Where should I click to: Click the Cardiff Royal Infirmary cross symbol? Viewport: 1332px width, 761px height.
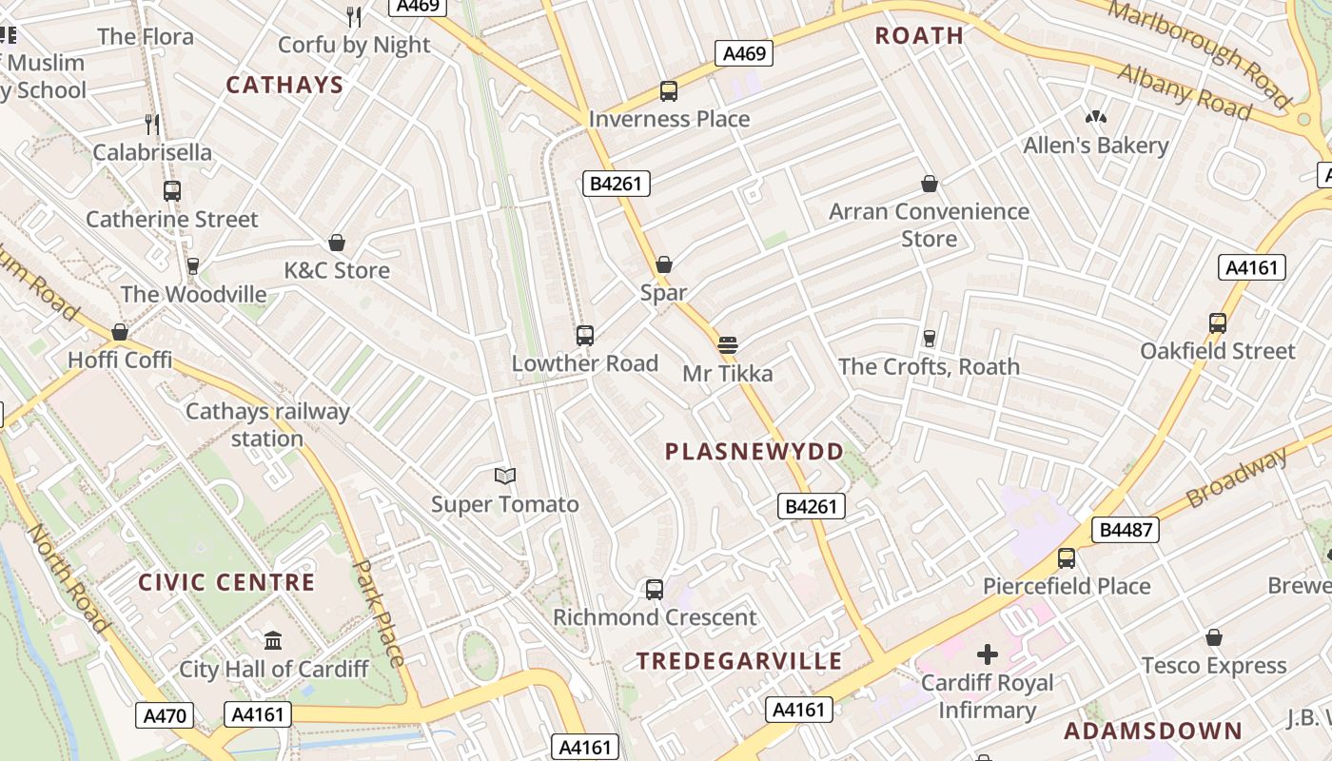[988, 654]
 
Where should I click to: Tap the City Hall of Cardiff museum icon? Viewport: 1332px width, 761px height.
[273, 640]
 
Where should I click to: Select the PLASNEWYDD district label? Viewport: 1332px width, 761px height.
[754, 452]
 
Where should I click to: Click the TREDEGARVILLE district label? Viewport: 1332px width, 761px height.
[739, 661]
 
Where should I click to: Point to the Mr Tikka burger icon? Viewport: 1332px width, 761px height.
[728, 344]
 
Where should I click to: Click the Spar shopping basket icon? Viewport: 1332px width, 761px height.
[664, 263]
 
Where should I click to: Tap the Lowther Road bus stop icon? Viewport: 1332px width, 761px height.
[584, 335]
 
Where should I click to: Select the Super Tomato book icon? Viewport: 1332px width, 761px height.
[504, 476]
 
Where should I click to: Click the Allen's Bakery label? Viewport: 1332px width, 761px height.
[1095, 146]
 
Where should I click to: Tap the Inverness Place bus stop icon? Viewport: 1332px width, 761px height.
[669, 91]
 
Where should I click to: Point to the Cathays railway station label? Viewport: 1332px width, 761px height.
[267, 425]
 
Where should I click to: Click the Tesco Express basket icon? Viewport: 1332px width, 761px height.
[1214, 636]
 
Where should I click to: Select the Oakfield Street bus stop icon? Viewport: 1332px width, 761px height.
[1218, 322]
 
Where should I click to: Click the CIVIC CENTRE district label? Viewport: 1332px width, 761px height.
[226, 582]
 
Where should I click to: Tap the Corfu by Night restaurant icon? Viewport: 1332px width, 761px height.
[354, 16]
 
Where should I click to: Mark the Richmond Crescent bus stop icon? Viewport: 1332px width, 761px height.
[655, 589]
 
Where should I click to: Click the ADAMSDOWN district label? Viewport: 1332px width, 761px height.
[1153, 731]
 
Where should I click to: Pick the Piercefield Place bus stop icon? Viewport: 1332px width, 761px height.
[1067, 557]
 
